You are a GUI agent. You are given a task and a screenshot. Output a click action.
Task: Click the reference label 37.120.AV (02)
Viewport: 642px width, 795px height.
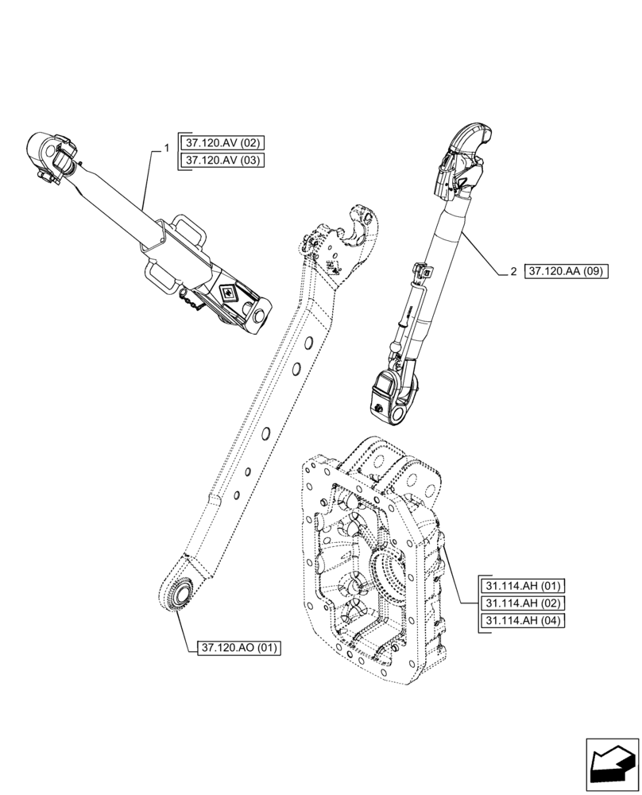pyautogui.click(x=223, y=144)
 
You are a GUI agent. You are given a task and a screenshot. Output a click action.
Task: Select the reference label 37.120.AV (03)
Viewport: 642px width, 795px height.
pyautogui.click(x=223, y=161)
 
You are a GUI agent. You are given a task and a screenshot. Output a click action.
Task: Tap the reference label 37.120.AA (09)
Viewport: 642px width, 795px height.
pyautogui.click(x=566, y=271)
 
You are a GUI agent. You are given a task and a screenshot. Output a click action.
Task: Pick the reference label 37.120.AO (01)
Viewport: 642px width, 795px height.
pyautogui.click(x=237, y=647)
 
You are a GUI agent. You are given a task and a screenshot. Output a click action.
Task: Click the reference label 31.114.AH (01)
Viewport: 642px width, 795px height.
pyautogui.click(x=521, y=588)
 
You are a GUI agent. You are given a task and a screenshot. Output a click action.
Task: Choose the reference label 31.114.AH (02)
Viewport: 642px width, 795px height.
pyautogui.click(x=521, y=604)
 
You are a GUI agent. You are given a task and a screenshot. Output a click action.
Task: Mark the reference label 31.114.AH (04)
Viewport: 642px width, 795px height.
pyautogui.click(x=521, y=621)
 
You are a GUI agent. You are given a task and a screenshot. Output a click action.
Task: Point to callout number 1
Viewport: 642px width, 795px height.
pyautogui.click(x=166, y=148)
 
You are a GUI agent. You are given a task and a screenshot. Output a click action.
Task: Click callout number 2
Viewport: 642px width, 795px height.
pyautogui.click(x=514, y=272)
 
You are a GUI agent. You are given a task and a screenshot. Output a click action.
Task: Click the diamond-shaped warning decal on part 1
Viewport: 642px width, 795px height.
pyautogui.click(x=229, y=293)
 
